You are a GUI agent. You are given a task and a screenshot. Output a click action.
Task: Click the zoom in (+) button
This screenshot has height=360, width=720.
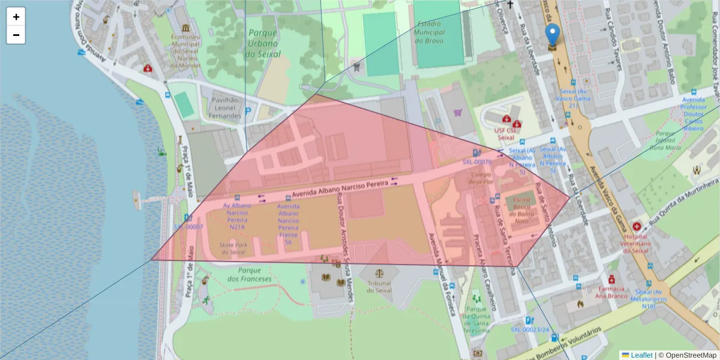[16, 17]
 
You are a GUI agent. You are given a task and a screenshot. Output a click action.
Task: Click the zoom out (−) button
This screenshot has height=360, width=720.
[16, 35]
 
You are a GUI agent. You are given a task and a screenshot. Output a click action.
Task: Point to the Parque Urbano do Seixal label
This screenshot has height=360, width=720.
[263, 43]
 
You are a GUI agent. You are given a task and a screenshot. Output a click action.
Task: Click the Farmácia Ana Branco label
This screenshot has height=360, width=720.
[611, 292]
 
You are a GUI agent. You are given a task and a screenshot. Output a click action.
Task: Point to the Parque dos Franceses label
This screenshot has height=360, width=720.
[250, 274]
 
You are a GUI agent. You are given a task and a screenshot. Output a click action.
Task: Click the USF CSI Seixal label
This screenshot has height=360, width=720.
[505, 133]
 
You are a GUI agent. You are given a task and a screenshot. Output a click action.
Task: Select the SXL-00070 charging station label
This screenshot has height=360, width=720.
[477, 161]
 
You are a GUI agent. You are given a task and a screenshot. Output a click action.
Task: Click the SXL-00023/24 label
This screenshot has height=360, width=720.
[530, 329]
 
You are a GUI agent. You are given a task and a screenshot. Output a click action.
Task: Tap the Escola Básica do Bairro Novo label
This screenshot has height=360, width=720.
[521, 209]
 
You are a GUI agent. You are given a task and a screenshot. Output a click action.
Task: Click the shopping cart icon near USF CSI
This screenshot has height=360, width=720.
[459, 112]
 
